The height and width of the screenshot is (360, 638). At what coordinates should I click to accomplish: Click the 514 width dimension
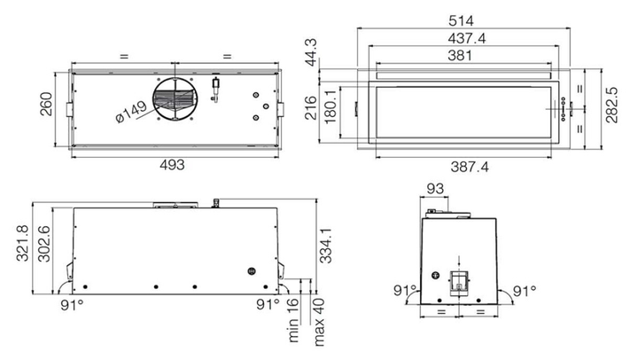[461, 20]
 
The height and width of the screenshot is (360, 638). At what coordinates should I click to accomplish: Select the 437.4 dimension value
[467, 38]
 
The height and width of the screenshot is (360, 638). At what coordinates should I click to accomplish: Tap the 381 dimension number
[460, 55]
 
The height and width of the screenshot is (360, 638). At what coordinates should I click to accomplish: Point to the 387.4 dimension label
[470, 167]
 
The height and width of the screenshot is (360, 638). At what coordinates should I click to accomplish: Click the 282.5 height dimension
[611, 105]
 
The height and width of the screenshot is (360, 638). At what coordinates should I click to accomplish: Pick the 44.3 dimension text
[311, 52]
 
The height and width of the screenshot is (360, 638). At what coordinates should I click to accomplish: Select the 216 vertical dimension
[311, 108]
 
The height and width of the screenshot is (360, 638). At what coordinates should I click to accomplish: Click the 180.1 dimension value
[331, 106]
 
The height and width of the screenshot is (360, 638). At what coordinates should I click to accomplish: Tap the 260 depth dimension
[46, 105]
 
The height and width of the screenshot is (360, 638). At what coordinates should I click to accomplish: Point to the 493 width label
[172, 165]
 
